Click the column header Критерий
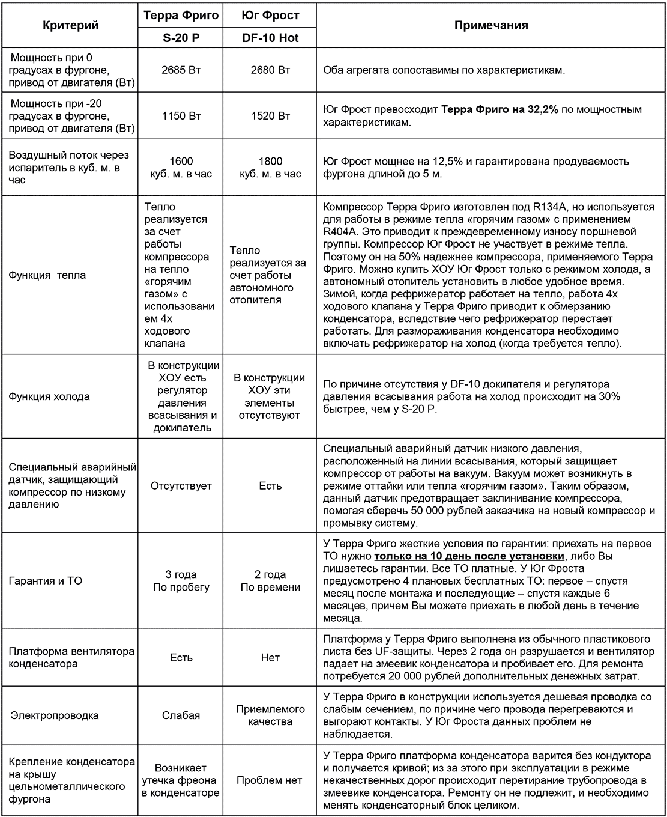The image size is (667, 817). pos(70,26)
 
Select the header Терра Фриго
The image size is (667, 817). pos(181,15)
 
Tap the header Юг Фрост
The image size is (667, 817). pos(270,15)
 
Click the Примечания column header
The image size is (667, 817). pos(491,25)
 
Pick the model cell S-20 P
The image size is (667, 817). pos(181,38)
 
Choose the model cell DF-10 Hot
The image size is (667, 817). pos(270,38)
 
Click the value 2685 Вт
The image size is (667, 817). pos(181,70)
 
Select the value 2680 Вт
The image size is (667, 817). pos(270,70)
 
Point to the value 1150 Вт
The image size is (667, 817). pos(181,115)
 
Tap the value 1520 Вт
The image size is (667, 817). pos(270,115)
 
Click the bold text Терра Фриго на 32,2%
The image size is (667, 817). pos(499,109)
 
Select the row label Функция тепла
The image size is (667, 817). pos(47,275)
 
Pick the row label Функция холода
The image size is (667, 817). pos(49,396)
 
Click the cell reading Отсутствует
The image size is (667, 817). pos(181,485)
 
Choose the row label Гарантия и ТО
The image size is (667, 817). pos(46,581)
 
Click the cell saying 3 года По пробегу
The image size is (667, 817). pos(181,581)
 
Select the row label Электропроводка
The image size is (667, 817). pos(55,715)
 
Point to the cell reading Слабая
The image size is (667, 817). pos(181,715)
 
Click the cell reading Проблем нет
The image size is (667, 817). pos(270,780)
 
